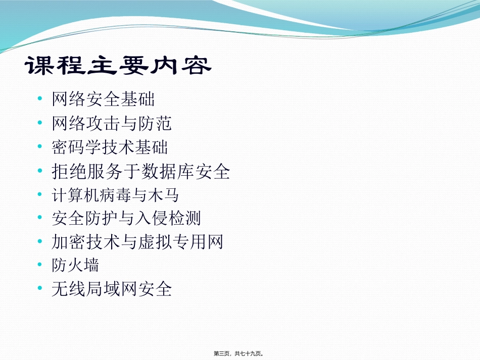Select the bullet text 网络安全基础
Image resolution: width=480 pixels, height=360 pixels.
coord(103,99)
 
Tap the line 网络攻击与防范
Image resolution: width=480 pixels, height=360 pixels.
coord(112,123)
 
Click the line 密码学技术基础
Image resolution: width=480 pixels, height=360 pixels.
coord(110,147)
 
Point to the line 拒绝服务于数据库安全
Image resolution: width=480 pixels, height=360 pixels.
coord(141,172)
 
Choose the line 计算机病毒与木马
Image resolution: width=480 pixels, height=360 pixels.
coord(115,195)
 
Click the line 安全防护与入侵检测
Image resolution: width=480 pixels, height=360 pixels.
coord(126,218)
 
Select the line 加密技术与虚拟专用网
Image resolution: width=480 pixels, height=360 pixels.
coord(137,242)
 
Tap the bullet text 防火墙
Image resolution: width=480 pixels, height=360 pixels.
coord(75,265)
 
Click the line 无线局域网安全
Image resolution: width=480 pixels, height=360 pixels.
coord(112,289)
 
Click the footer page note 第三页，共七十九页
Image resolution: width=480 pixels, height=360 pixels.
coord(239,353)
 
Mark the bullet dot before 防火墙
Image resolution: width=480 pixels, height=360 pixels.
coord(40,265)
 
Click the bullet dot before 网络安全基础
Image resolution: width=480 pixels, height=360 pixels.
coord(40,99)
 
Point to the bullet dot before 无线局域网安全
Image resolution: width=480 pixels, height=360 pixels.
coord(40,289)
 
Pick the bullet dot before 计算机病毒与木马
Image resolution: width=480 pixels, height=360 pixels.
coord(40,195)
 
